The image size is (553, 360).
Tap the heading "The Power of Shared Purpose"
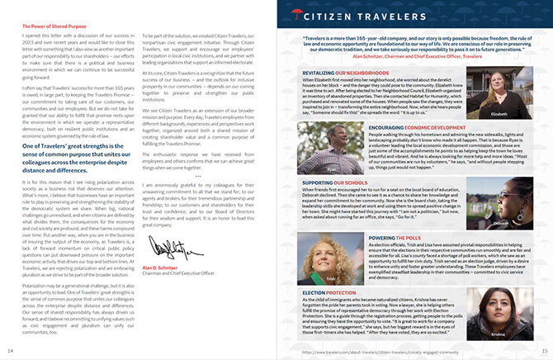click(54, 26)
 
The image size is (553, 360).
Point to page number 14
click(11, 352)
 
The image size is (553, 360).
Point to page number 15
click(541, 352)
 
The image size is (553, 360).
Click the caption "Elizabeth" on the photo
click(498, 114)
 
